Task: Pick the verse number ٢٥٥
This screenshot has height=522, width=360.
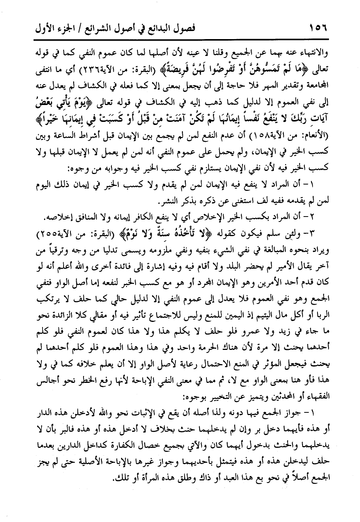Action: (33, 232)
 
